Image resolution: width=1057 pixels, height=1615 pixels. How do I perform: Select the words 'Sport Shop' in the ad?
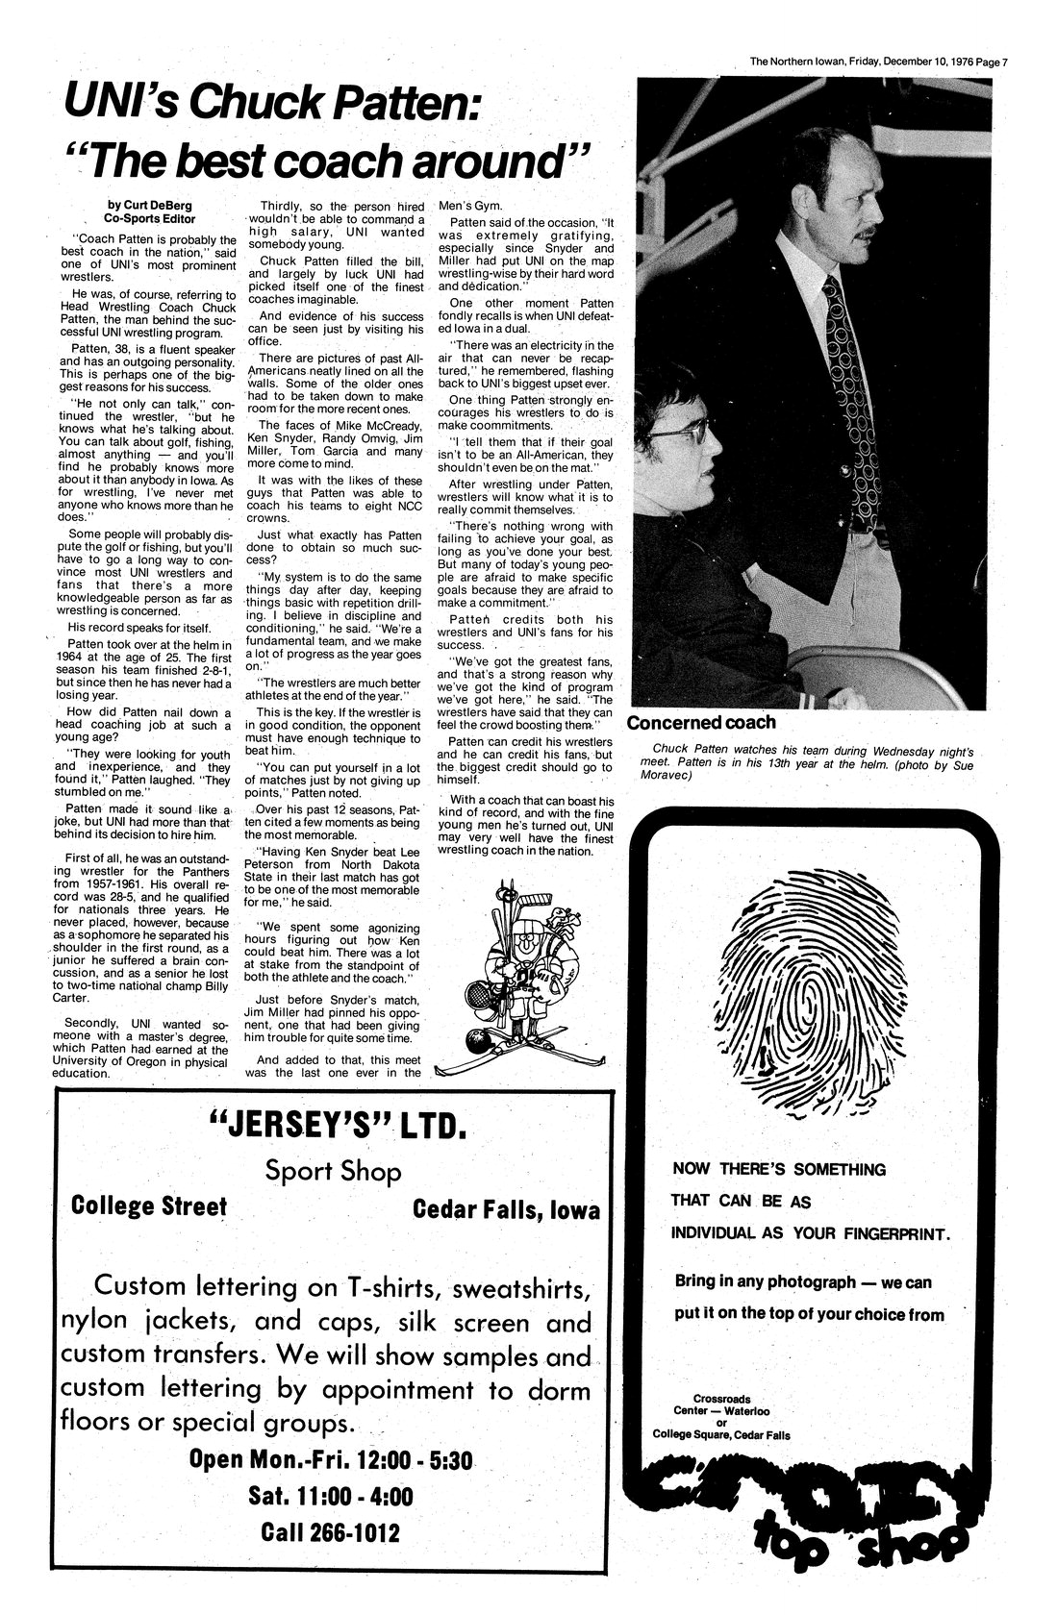(x=333, y=1171)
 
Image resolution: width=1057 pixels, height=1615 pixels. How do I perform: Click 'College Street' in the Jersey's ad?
(x=150, y=1206)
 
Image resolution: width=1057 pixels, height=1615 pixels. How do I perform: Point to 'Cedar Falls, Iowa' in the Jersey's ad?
(x=506, y=1209)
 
